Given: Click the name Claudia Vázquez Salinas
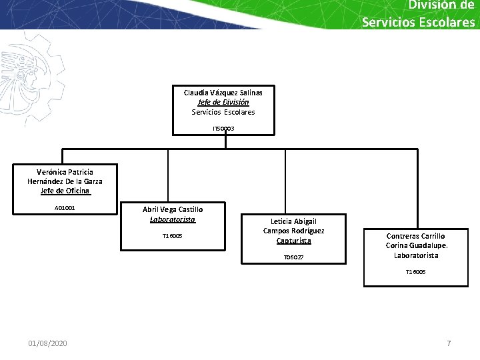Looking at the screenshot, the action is pos(223,93).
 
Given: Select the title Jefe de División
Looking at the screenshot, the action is pos(223,103).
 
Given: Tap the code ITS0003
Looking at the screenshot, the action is pos(223,128).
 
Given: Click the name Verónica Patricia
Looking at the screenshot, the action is pos(65,171).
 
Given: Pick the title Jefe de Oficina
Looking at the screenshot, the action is pos(65,191).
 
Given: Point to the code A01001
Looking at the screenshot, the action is pos(65,208).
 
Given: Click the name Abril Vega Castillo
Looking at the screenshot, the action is pos(173,209).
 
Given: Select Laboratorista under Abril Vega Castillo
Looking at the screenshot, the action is pos(173,219).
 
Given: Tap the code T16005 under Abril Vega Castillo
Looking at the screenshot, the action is pos(173,236).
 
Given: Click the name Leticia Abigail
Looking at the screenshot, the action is pos(293,221).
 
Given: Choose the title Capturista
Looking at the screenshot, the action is pos(293,241).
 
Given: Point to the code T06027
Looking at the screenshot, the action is pos(293,257).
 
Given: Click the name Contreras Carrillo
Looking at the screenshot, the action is pos(416,236).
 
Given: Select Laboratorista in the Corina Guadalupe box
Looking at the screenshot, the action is pos(416,255).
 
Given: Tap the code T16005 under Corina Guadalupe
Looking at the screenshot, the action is pos(416,272).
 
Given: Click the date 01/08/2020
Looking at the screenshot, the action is pos(47,343).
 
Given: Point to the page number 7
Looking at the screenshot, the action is pos(449,343).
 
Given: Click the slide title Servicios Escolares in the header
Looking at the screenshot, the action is pos(418,21).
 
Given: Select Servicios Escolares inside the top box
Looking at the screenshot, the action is pos(223,112).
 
